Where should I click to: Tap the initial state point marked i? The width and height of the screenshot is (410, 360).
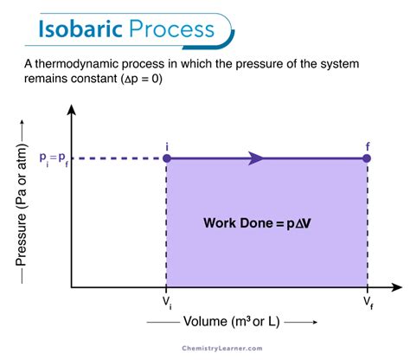coord(166,158)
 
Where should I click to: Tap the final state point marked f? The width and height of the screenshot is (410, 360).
coord(368,158)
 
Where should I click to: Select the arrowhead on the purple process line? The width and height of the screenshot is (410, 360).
coord(256,158)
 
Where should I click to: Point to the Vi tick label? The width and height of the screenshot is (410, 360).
coord(166,302)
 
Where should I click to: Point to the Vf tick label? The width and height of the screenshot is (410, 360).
coord(368,302)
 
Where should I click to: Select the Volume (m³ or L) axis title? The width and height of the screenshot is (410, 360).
coord(231,323)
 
